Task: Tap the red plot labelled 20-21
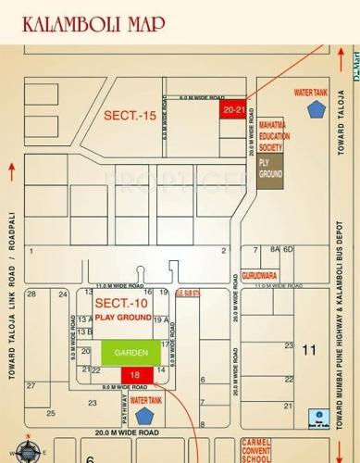pyautogui.click(x=233, y=108)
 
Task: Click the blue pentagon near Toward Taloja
pyautogui.click(x=317, y=109)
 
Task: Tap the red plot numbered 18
pyautogui.click(x=136, y=373)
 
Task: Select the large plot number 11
pyautogui.click(x=309, y=349)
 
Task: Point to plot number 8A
pyautogui.click(x=274, y=250)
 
